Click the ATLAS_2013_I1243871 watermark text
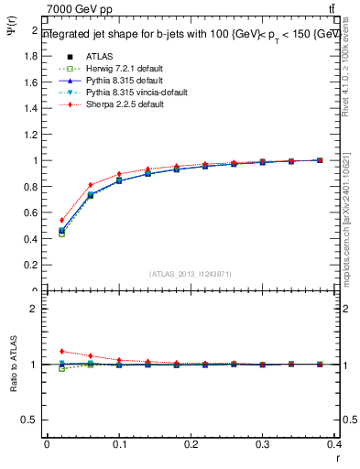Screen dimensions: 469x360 pos(191,274)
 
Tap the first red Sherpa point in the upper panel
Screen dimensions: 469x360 pos(61,220)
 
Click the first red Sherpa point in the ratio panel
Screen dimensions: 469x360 pos(61,351)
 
